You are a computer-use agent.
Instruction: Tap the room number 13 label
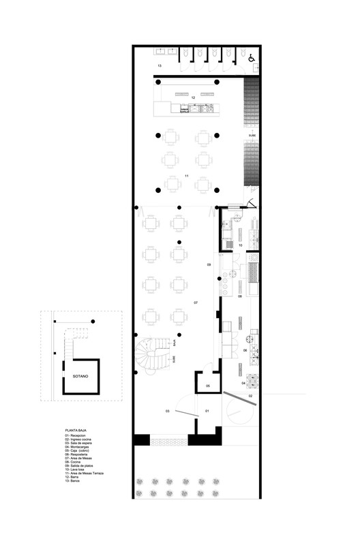(160, 65)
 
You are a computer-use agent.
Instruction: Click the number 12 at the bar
(194, 98)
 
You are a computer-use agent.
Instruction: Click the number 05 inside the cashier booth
(209, 386)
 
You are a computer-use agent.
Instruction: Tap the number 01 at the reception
(209, 412)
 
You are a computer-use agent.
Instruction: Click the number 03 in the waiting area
(167, 412)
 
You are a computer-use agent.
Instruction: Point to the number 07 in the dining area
(196, 302)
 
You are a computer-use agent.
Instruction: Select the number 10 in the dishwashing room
(240, 244)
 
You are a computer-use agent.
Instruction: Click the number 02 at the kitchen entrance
(250, 395)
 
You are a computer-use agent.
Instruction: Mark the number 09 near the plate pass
(209, 264)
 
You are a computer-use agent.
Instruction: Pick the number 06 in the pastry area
(244, 350)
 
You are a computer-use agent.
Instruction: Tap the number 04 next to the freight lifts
(243, 383)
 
